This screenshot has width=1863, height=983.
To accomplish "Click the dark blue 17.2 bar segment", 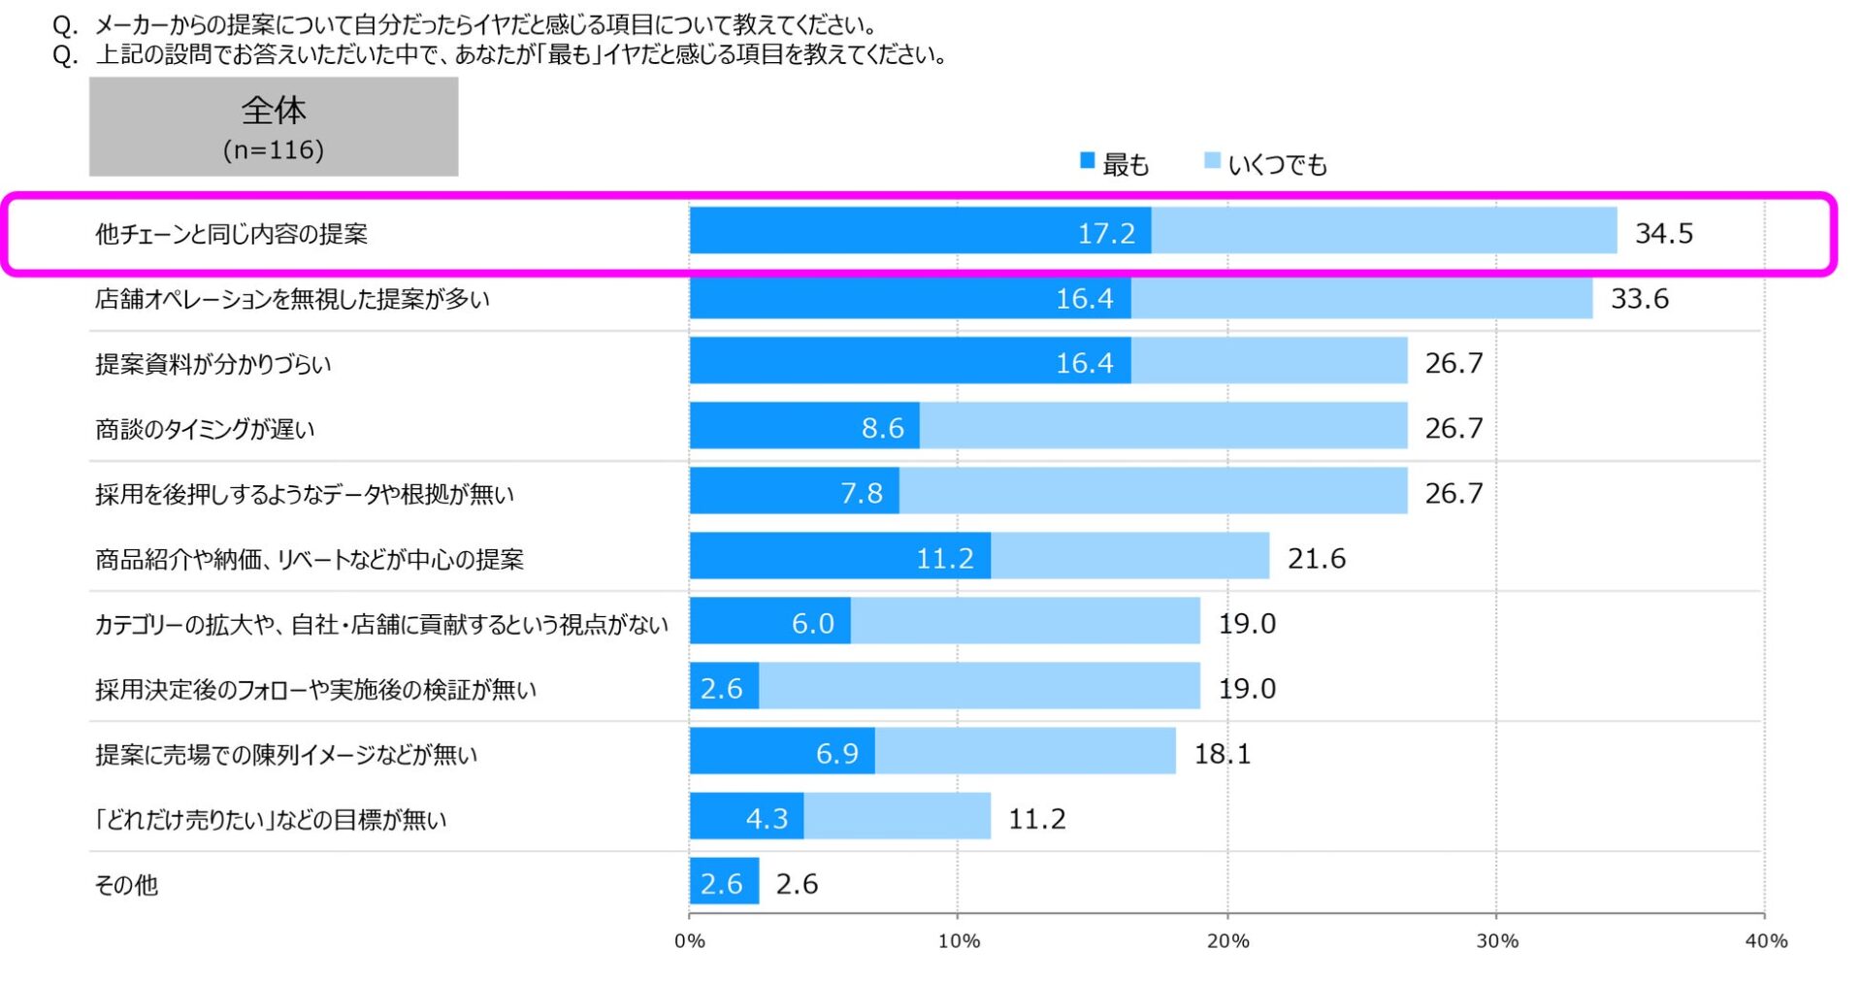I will [920, 231].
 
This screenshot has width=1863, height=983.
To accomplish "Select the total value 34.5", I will [1663, 233].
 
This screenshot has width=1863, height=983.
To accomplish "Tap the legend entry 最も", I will [1115, 164].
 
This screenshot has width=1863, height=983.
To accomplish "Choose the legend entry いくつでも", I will [1265, 164].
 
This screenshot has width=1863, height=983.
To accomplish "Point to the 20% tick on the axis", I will [1227, 940].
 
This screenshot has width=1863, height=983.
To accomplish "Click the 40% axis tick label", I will [1765, 940].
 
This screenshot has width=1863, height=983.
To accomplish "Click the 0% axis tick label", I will [690, 940].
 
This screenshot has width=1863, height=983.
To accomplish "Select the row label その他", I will [126, 884].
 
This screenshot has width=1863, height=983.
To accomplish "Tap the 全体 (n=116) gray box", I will [274, 127].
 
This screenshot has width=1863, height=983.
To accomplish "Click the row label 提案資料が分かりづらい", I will [213, 364].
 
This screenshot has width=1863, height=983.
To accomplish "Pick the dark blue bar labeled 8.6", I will [804, 426].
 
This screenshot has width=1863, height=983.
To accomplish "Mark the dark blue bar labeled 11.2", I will [840, 556].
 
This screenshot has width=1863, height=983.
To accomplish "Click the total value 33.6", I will [1639, 298].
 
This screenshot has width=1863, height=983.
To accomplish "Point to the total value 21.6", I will [1316, 558].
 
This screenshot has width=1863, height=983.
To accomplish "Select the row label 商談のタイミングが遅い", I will [205, 429].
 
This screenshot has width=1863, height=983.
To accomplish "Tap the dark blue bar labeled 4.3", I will [746, 816].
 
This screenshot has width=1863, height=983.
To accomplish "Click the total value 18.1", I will [1222, 753].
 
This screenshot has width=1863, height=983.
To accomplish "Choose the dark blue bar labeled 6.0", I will [769, 621].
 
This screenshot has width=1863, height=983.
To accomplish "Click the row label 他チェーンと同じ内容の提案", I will [231, 234].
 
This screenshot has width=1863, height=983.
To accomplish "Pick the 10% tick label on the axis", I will [959, 940].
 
